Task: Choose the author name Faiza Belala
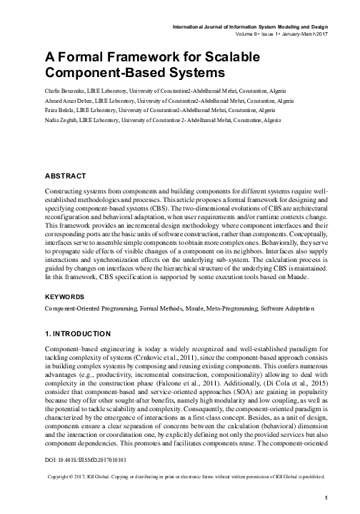coord(61,113)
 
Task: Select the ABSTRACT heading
coord(66,176)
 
